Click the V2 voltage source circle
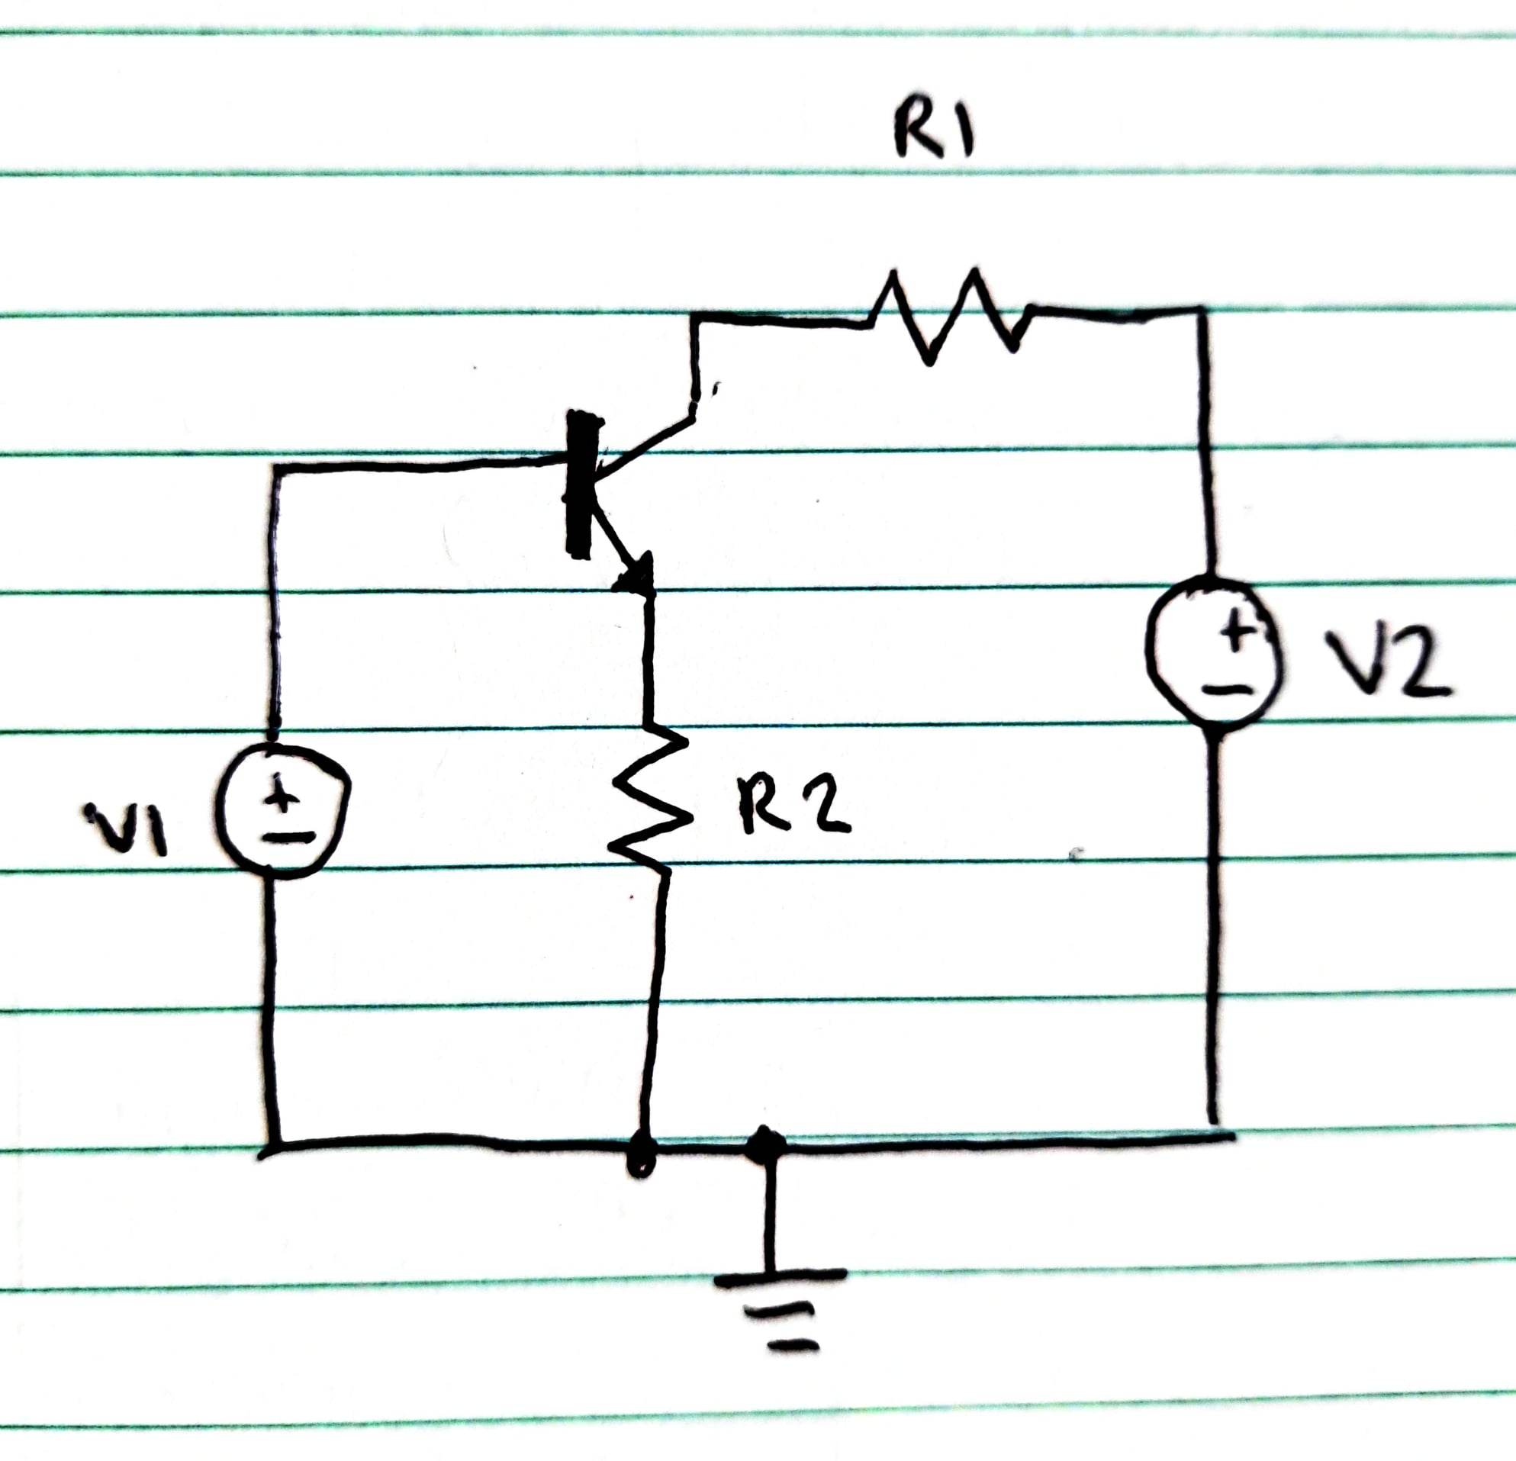pyautogui.click(x=1214, y=652)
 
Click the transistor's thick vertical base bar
pyautogui.click(x=581, y=484)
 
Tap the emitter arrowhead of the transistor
pyautogui.click(x=639, y=576)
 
